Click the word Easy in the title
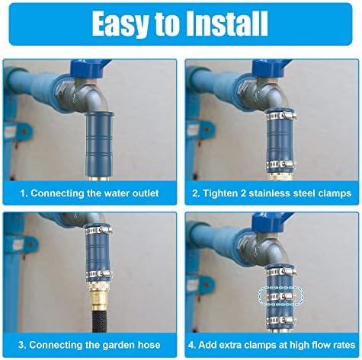click(x=119, y=25)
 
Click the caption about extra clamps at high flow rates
click(x=271, y=345)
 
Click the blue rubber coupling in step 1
click(x=99, y=145)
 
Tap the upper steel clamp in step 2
click(x=281, y=116)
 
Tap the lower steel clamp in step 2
click(x=281, y=164)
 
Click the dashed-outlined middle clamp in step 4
click(x=281, y=296)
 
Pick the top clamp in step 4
click(x=281, y=272)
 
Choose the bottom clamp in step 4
click(x=281, y=320)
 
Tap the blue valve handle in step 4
click(x=272, y=221)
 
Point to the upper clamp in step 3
click(x=99, y=231)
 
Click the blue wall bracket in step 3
click(x=24, y=245)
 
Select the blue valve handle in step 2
click(x=271, y=67)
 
